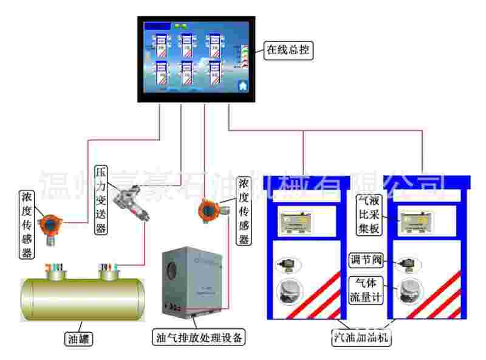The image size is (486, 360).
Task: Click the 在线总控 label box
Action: coord(289,51)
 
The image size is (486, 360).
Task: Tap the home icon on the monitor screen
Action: coord(243,85)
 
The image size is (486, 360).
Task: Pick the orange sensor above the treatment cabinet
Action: coord(208,211)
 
